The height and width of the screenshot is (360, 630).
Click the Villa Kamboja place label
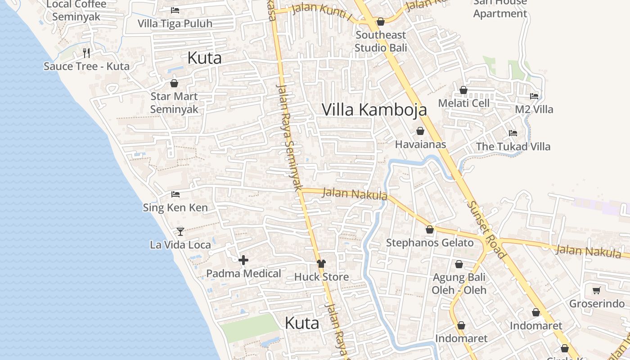click(374, 109)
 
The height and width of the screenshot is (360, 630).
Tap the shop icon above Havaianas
click(420, 131)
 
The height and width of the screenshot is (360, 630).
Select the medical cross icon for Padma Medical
click(243, 260)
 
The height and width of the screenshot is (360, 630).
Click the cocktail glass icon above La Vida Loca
click(180, 231)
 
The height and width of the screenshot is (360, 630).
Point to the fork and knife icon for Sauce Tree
click(86, 53)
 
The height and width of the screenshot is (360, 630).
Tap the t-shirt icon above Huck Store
click(321, 263)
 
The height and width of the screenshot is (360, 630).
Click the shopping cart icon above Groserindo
click(597, 290)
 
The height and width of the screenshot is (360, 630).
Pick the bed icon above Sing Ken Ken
click(175, 194)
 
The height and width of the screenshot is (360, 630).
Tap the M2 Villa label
click(534, 109)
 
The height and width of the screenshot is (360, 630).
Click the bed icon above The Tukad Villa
click(513, 133)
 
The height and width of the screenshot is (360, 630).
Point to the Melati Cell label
click(463, 103)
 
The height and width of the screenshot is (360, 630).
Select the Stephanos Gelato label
click(430, 243)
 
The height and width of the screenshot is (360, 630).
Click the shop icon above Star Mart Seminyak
click(174, 83)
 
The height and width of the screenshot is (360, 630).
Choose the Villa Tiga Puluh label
click(175, 23)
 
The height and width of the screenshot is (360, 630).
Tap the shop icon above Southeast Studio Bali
click(381, 22)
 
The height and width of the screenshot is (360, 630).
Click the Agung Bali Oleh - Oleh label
click(459, 283)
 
